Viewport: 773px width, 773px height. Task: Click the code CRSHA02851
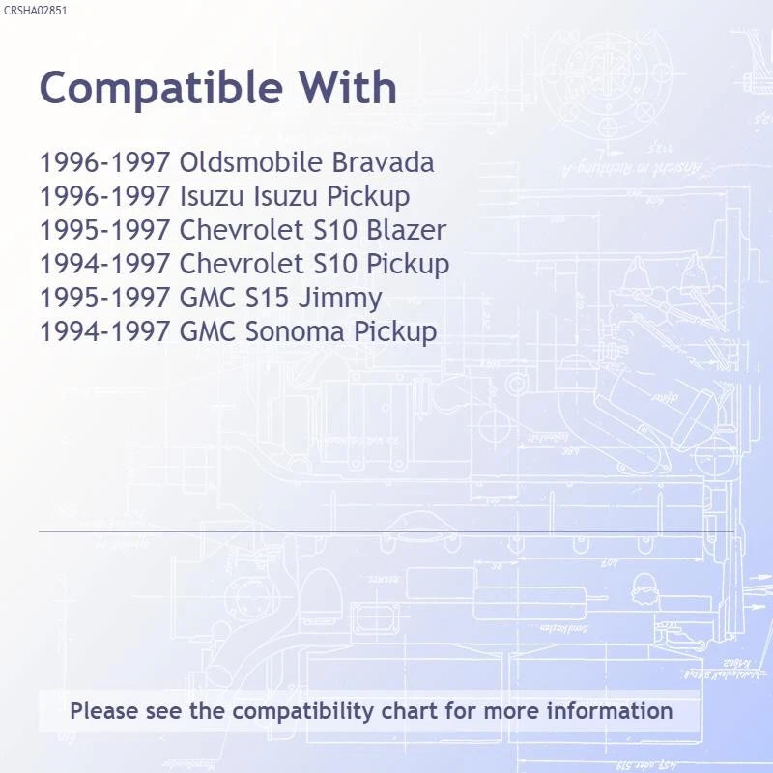35,11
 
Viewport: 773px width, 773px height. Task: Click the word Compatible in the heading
161,88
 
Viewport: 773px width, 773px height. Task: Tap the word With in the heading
348,87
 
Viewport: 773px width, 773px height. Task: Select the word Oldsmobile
251,162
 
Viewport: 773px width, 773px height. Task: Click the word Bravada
383,162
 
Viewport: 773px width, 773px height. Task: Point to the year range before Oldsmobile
105,162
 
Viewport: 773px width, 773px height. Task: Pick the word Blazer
407,230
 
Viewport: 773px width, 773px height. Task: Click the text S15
267,298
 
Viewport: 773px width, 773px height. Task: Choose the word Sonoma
295,331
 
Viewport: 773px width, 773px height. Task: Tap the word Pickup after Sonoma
395,332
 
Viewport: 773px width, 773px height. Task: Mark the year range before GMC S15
105,298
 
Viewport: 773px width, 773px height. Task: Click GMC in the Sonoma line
208,331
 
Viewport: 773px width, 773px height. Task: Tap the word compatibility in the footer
303,712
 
